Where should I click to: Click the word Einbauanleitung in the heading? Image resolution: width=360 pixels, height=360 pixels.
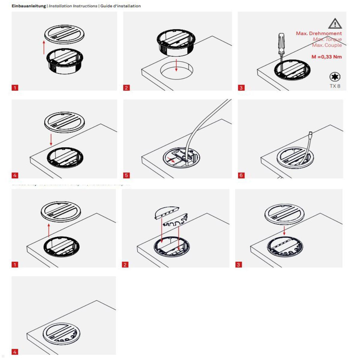tap(29, 6)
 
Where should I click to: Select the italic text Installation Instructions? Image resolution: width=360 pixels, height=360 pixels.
tap(73, 6)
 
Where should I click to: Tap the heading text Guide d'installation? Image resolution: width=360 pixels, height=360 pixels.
tap(120, 6)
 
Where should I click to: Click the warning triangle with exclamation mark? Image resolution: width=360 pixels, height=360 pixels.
tap(335, 23)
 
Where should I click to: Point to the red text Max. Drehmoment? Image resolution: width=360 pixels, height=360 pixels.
tap(319, 33)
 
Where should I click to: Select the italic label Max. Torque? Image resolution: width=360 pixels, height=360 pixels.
tap(327, 39)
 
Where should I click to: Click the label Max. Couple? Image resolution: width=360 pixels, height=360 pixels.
tap(327, 45)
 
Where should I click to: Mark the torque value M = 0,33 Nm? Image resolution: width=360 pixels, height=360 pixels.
tap(326, 57)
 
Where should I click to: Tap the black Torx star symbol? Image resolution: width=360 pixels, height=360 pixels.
tap(335, 77)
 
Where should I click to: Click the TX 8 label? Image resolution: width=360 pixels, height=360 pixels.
tap(335, 86)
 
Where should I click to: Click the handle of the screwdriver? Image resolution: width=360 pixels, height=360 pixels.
tap(281, 42)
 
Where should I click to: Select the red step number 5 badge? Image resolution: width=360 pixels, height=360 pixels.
tap(126, 175)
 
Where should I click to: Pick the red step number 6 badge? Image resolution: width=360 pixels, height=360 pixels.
tap(241, 175)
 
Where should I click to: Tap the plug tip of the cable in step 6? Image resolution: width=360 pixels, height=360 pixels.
tap(310, 133)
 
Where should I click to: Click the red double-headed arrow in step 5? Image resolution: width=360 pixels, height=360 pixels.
tap(171, 160)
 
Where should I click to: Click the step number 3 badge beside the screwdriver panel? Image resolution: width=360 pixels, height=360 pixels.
tap(241, 88)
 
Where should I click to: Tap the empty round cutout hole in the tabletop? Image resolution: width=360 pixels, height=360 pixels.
tap(176, 71)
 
